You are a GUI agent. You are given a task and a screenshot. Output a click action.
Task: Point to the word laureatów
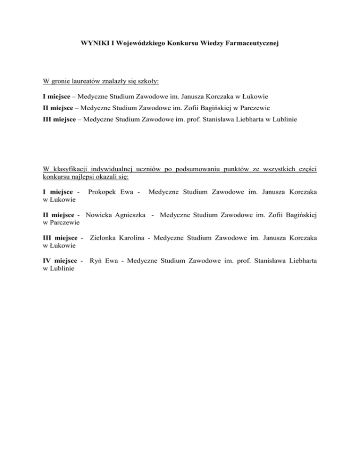(83, 82)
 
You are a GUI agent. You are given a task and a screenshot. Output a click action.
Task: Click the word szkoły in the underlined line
(146, 82)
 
